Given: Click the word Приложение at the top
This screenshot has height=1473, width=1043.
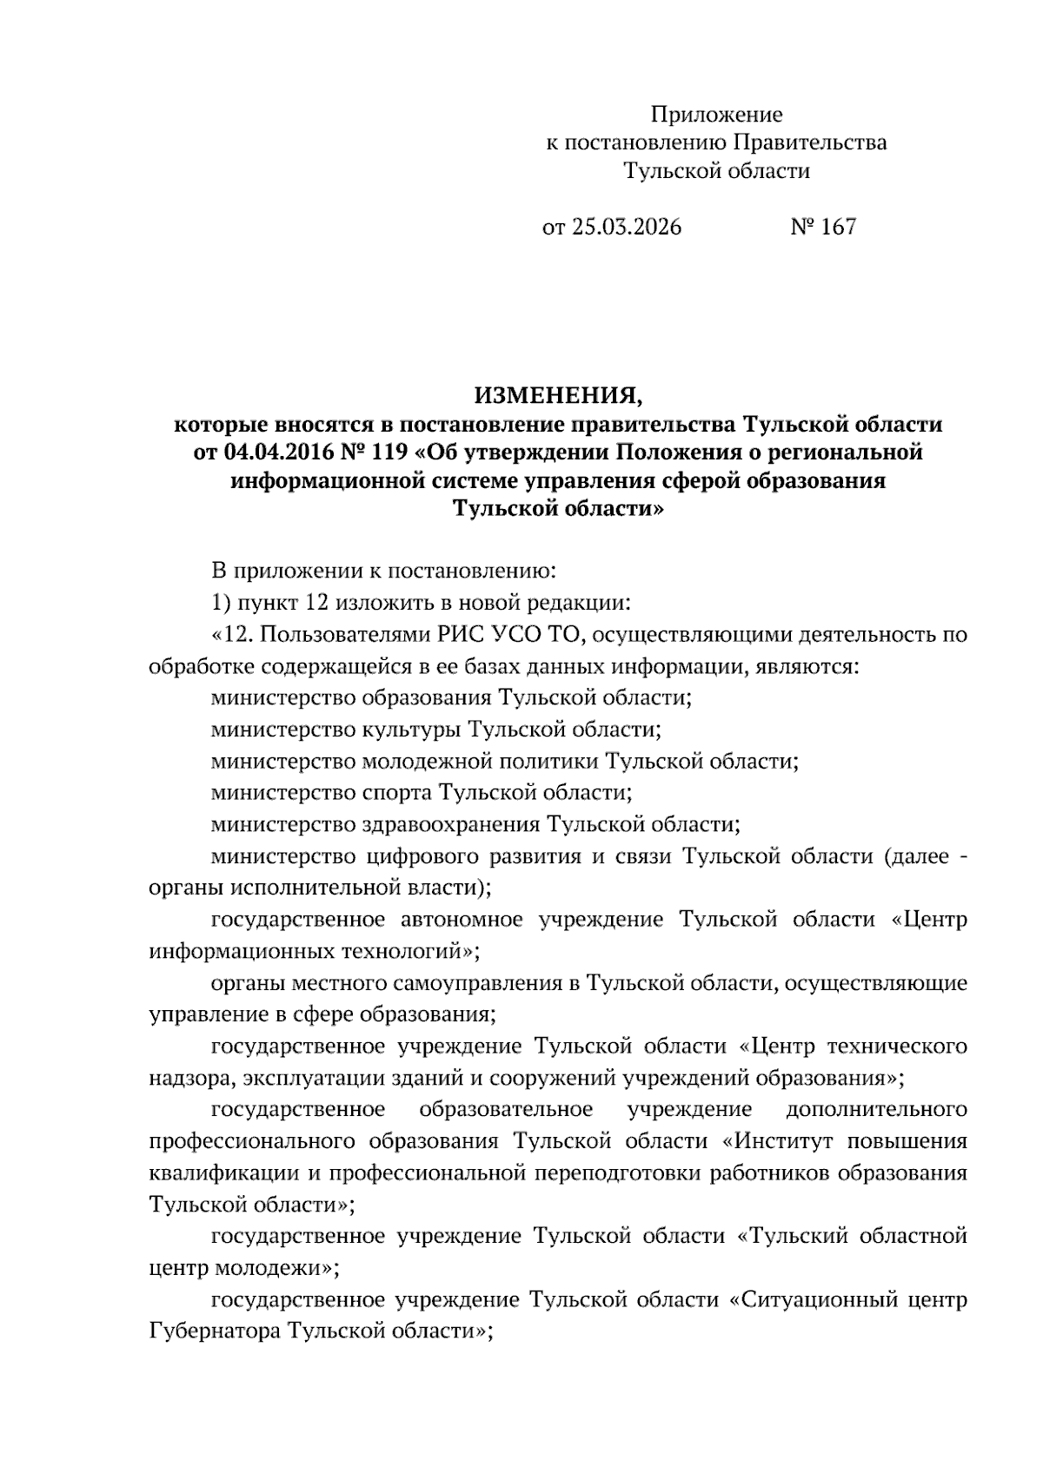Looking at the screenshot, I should (717, 115).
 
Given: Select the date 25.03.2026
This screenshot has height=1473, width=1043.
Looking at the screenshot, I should (626, 228).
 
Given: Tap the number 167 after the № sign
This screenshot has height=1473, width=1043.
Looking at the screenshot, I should (838, 228).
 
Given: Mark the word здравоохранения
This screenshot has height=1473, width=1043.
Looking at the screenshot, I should (450, 824).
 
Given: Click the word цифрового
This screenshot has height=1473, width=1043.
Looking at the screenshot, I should (418, 856).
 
